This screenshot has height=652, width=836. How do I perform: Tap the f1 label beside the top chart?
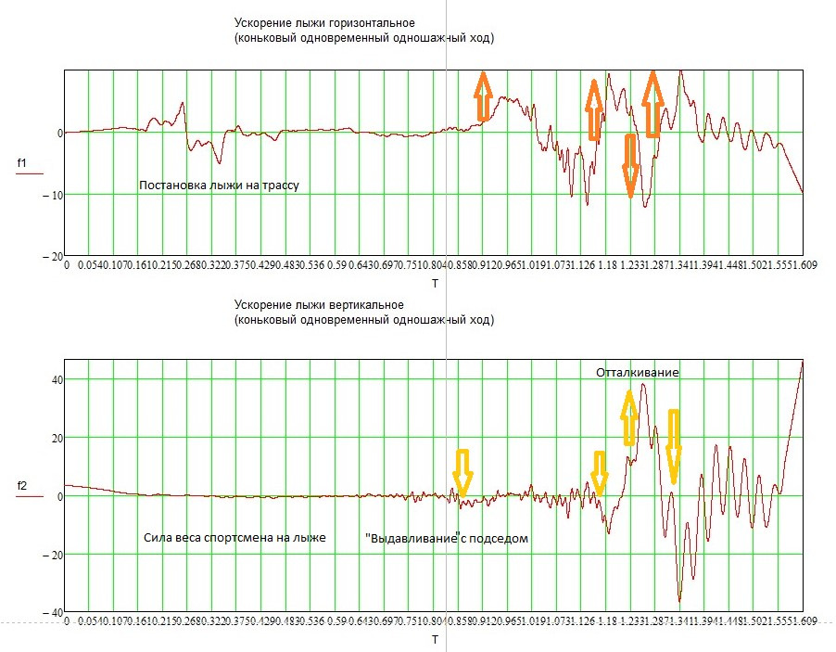[x=23, y=164]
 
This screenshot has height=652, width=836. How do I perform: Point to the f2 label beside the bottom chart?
[x=23, y=486]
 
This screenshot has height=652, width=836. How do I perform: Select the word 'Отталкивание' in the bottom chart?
[x=638, y=372]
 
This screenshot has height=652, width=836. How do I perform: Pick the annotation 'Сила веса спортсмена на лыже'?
[x=234, y=537]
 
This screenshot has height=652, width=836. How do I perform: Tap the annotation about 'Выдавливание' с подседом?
[x=447, y=538]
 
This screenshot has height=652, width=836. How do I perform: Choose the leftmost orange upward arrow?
[x=482, y=96]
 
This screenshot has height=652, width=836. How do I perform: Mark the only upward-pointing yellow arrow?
[x=629, y=416]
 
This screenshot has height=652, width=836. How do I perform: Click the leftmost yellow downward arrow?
[x=462, y=473]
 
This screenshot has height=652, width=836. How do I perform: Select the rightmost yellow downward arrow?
[x=673, y=446]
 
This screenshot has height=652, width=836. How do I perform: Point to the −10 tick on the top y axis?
[x=51, y=195]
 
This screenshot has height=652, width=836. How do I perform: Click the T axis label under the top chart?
[x=435, y=282]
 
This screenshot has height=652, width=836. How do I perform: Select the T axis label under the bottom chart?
[x=435, y=640]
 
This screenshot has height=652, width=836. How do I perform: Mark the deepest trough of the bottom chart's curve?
[x=679, y=600]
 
